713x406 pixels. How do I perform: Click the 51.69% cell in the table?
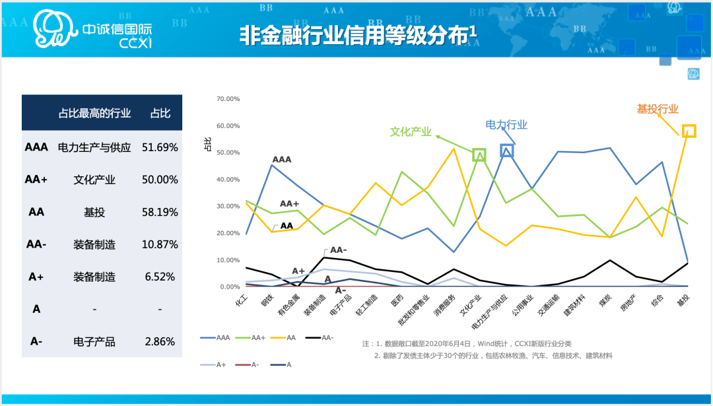tap(160, 147)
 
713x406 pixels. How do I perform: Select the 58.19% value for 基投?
tap(160, 213)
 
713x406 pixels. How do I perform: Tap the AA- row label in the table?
tap(36, 245)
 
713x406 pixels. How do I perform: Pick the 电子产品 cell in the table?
tap(94, 341)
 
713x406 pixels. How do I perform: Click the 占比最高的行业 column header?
tap(94, 113)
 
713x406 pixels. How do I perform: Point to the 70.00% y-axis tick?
tap(228, 98)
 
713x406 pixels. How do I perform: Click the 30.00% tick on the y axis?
tap(228, 206)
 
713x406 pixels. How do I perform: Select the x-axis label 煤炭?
tap(605, 300)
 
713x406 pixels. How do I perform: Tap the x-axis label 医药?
tap(396, 300)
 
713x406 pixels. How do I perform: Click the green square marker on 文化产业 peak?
tap(479, 155)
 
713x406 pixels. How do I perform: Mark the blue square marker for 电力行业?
tap(506, 151)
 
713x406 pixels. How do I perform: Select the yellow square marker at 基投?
tap(689, 131)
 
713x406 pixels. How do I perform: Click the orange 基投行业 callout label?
tap(658, 109)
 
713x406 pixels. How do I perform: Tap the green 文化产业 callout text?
tap(411, 132)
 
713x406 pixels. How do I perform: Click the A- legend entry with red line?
tap(247, 364)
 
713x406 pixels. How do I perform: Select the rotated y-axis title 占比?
tap(208, 145)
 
